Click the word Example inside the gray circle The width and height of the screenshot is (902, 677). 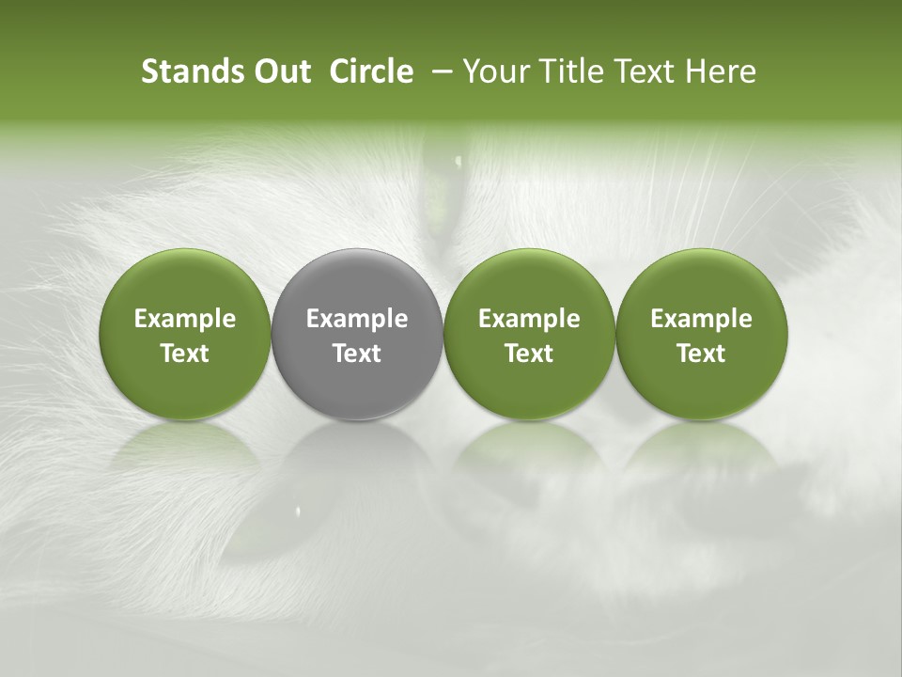357,319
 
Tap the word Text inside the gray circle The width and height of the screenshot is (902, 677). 357,354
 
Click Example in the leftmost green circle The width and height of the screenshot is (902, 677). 185,319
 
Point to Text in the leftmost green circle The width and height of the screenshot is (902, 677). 185,354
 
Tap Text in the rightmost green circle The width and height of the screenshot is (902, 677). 702,354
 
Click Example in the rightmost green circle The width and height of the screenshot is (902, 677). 702,319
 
